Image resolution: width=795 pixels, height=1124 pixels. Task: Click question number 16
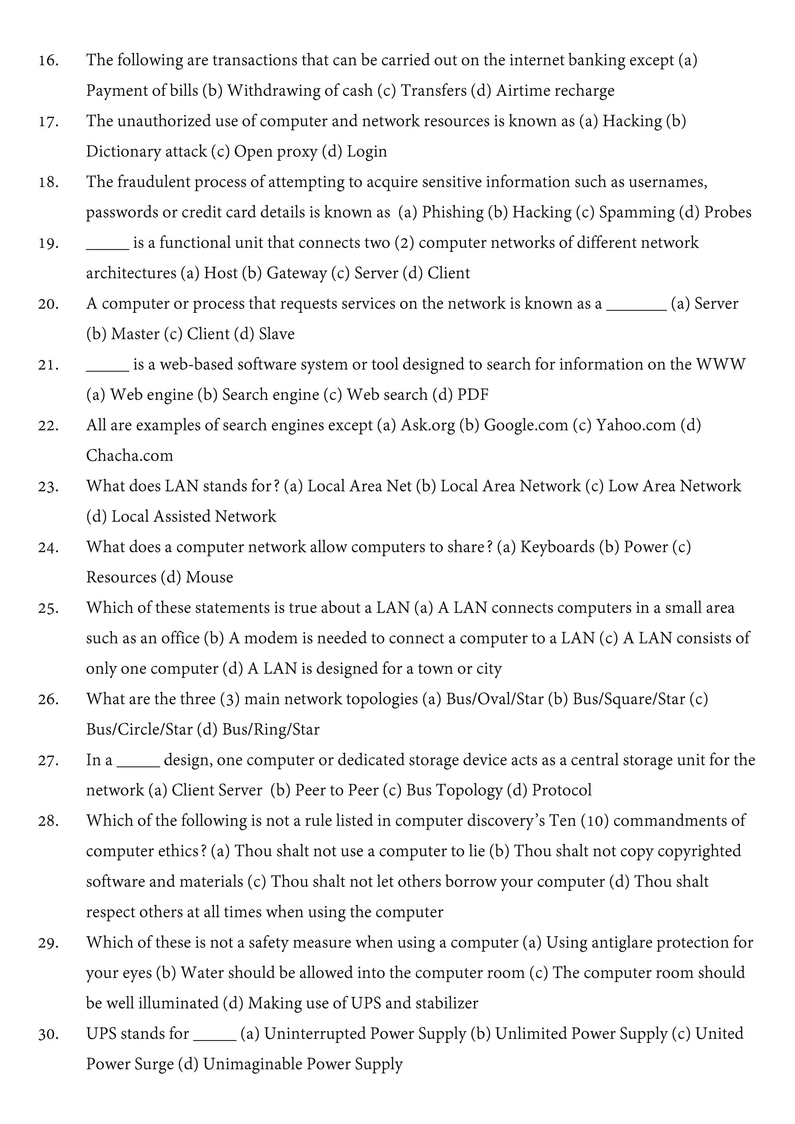click(x=49, y=61)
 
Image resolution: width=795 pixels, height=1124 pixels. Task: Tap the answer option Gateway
click(x=296, y=273)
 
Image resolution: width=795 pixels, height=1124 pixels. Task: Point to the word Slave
click(x=277, y=334)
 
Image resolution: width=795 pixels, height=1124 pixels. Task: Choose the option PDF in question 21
click(x=472, y=395)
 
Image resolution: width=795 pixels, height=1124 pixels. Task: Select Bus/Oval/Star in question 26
click(x=495, y=699)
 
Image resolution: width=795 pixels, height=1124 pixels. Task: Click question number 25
click(x=49, y=608)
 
